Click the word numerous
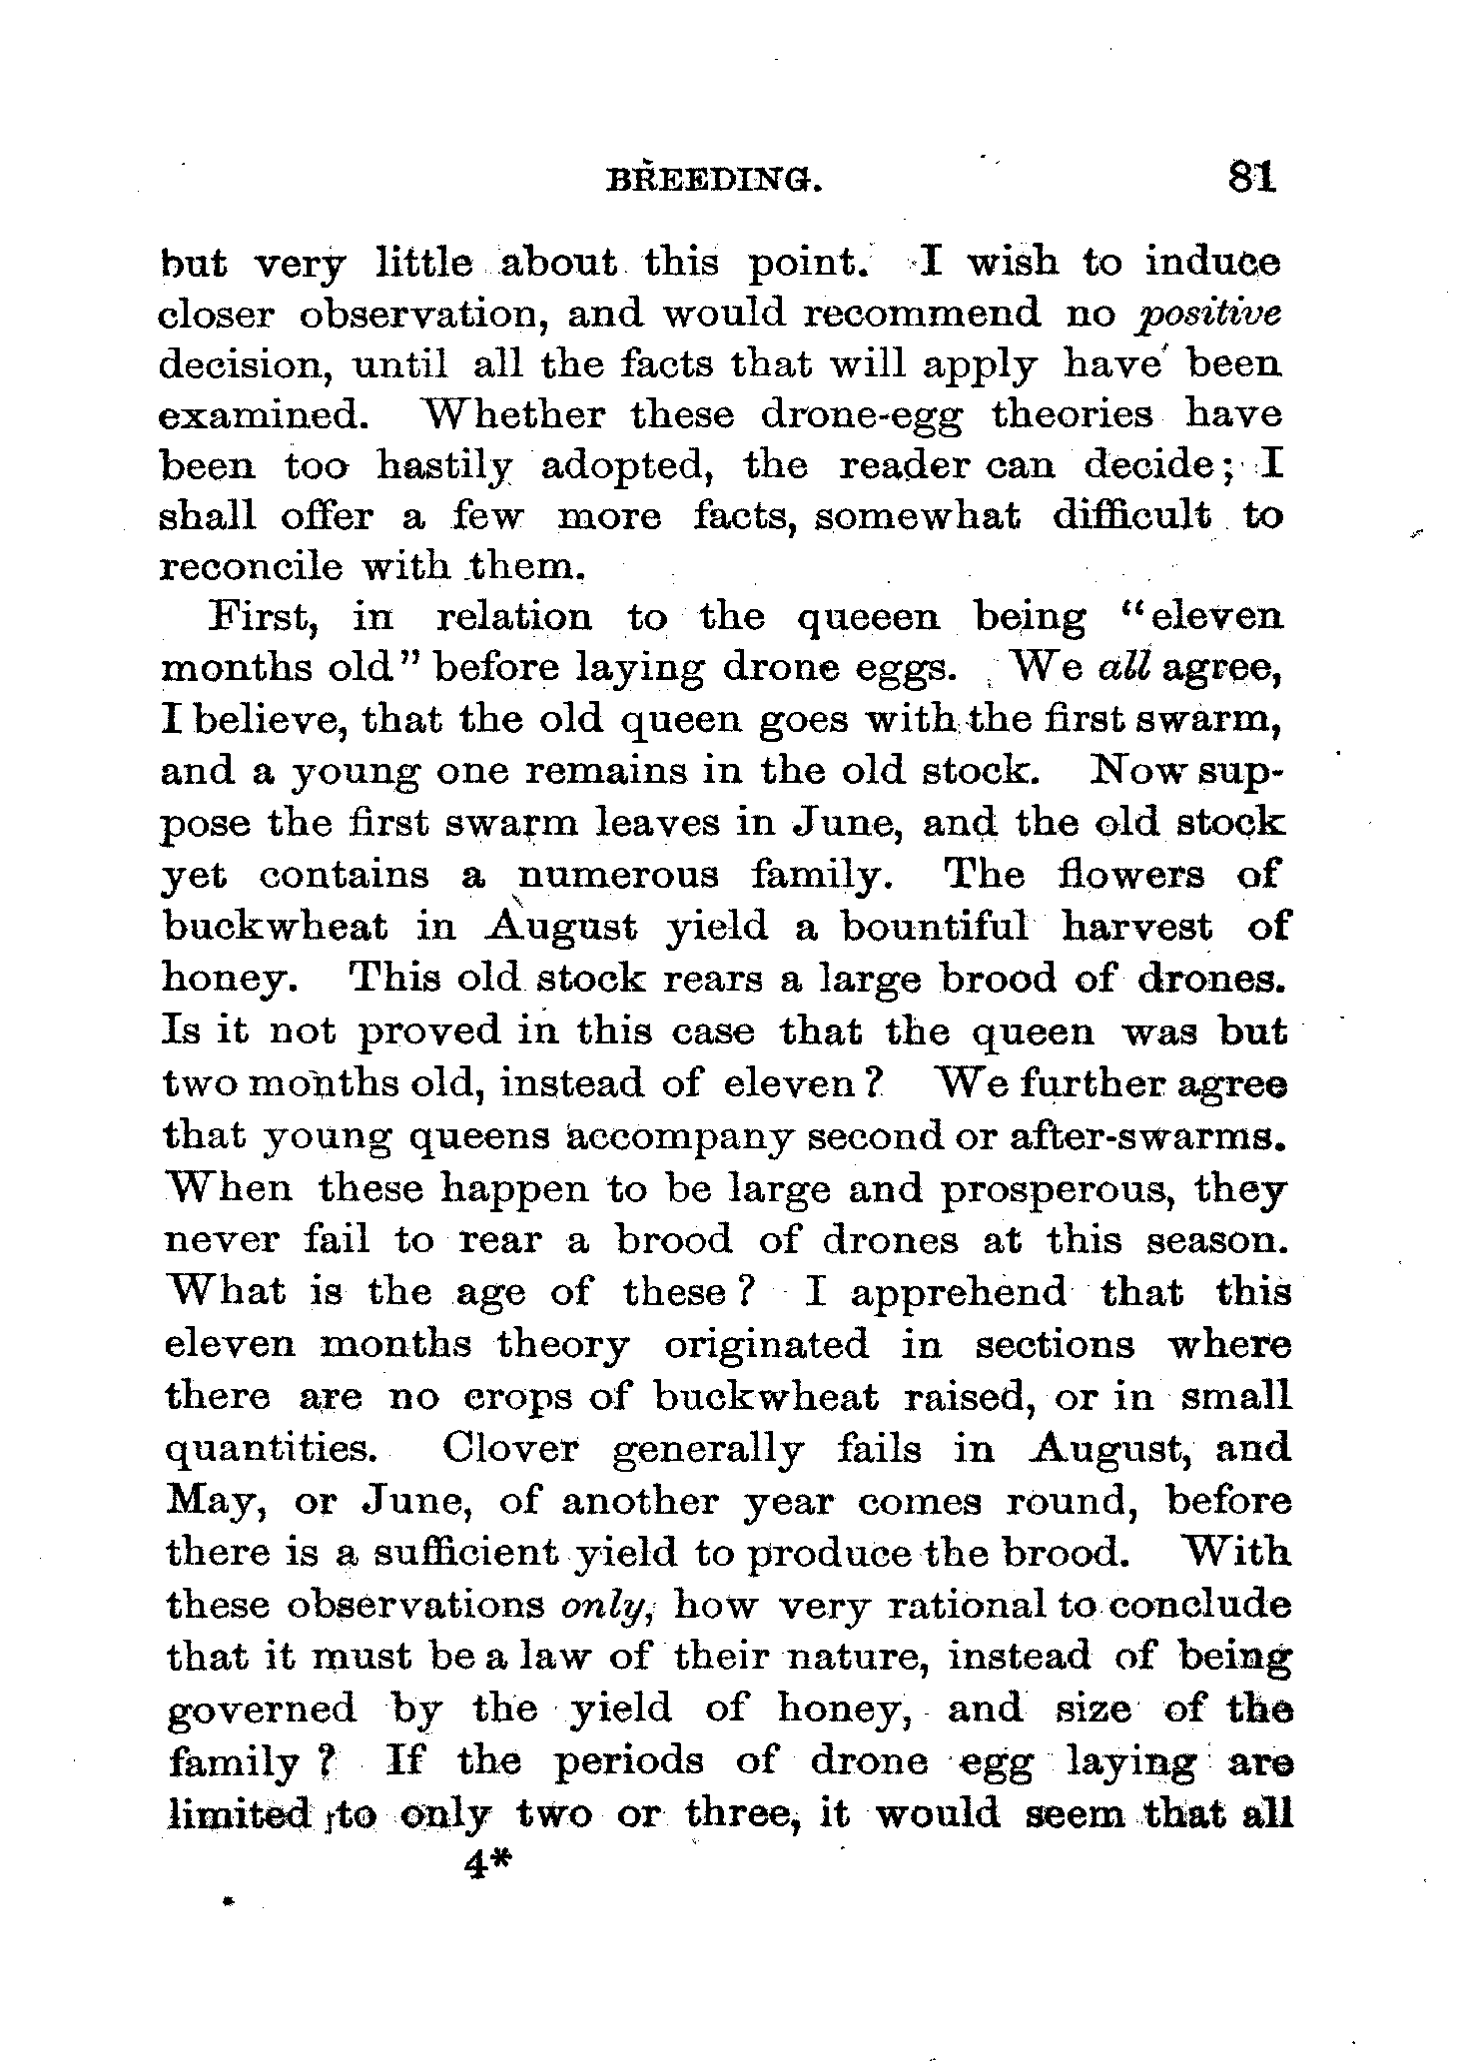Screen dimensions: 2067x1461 618,875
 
